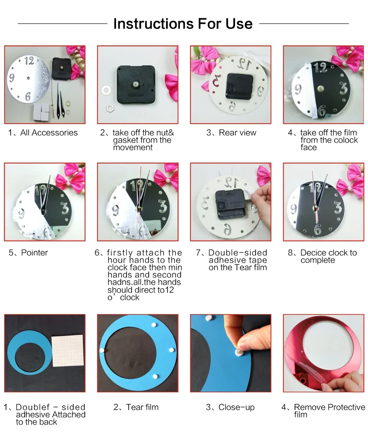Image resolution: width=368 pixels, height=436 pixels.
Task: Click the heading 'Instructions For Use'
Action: click(x=183, y=23)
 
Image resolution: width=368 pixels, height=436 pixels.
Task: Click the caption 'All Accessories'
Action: click(x=49, y=133)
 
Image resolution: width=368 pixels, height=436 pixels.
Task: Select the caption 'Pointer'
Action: click(x=34, y=252)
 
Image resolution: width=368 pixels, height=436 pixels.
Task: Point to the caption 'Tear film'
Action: click(x=142, y=407)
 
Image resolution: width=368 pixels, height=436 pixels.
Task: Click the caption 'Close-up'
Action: click(x=236, y=407)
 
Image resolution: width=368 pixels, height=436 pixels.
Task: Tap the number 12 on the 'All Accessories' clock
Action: click(x=29, y=60)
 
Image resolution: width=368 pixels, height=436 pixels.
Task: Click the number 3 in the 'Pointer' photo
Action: click(x=64, y=208)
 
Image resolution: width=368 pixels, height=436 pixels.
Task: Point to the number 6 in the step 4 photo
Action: click(x=322, y=111)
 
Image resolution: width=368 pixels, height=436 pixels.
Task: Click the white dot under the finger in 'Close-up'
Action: click(x=239, y=352)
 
